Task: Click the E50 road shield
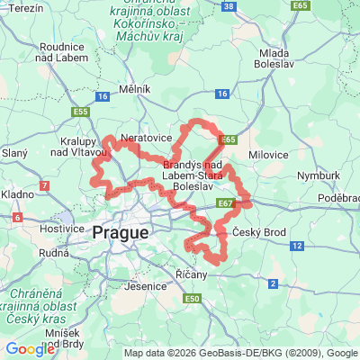[x=191, y=298]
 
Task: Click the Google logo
[x=30, y=348]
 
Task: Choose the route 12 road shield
[x=297, y=245]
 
